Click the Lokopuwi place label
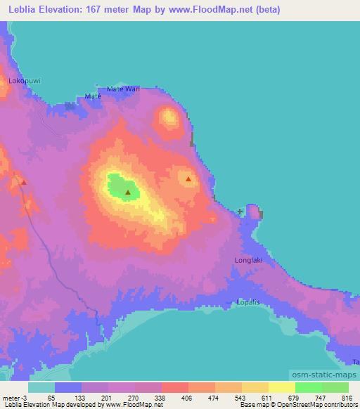click(25, 81)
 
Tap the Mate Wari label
click(124, 89)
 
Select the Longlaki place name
click(247, 260)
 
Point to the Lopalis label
click(247, 303)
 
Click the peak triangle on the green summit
click(128, 192)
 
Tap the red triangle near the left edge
click(24, 182)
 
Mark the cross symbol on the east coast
click(240, 211)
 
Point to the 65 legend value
click(51, 397)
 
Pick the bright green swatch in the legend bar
click(308, 387)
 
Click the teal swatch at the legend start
click(41, 387)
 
